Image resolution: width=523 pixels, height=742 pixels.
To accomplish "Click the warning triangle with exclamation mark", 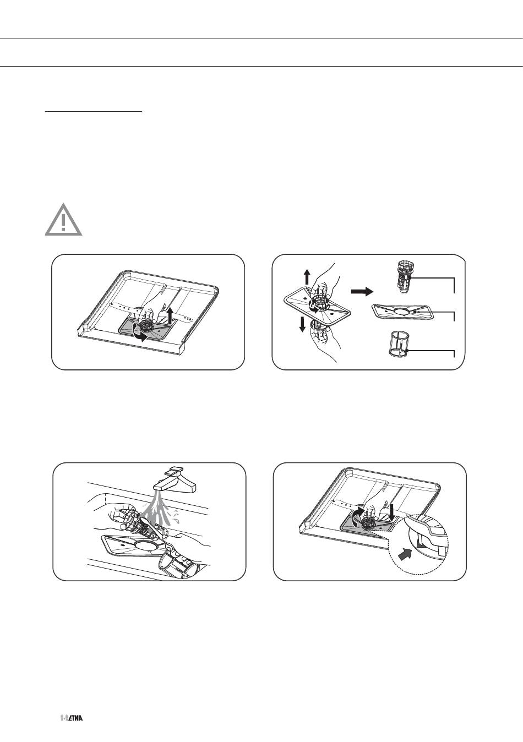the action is pos(64,220).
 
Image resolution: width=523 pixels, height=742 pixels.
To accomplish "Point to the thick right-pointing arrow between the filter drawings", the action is pos(362,292).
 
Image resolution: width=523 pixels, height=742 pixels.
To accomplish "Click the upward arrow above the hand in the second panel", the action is pos(307,277).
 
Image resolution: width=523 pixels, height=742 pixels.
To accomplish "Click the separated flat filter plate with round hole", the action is pos(402,312).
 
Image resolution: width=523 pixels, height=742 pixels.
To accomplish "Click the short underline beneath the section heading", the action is pos(94,112).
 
